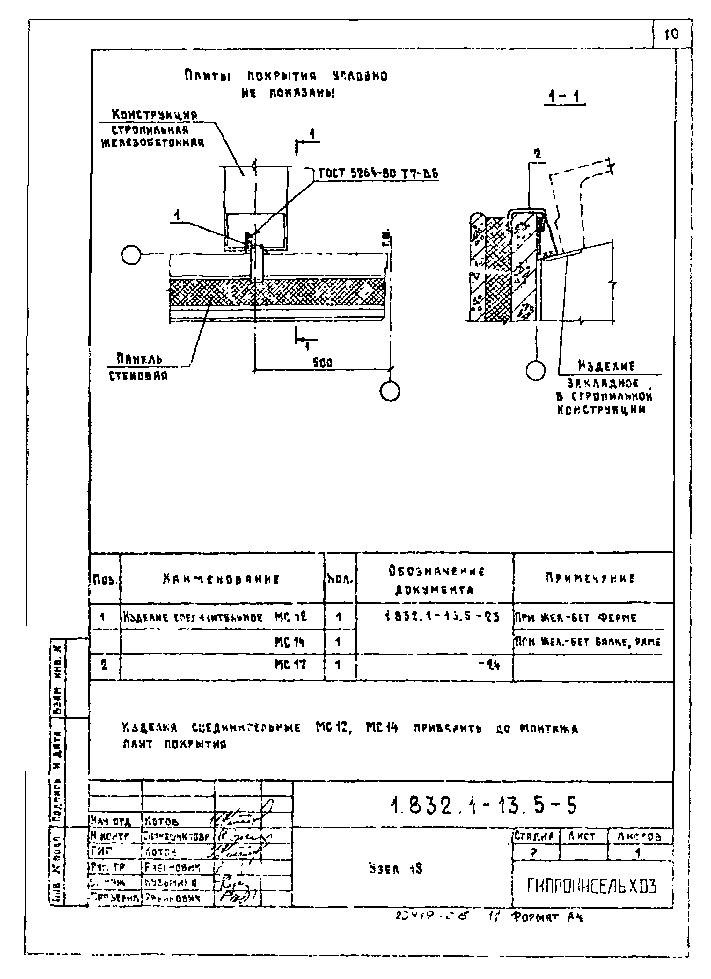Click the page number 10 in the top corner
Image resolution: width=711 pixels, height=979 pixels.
click(x=671, y=34)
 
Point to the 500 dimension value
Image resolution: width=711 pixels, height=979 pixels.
click(x=322, y=363)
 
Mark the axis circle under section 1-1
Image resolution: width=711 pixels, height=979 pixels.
click(x=536, y=370)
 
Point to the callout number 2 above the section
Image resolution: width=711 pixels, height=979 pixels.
click(x=537, y=154)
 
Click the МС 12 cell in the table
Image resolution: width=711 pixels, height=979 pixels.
click(x=290, y=616)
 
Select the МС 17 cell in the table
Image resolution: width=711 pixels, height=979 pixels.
click(x=290, y=665)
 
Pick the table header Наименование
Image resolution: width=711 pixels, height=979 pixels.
click(x=221, y=579)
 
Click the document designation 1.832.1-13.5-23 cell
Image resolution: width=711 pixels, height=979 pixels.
click(x=442, y=617)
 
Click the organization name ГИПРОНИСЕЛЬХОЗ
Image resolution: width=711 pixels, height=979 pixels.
click(x=591, y=886)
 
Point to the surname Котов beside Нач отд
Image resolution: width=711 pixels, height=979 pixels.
click(x=162, y=821)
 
